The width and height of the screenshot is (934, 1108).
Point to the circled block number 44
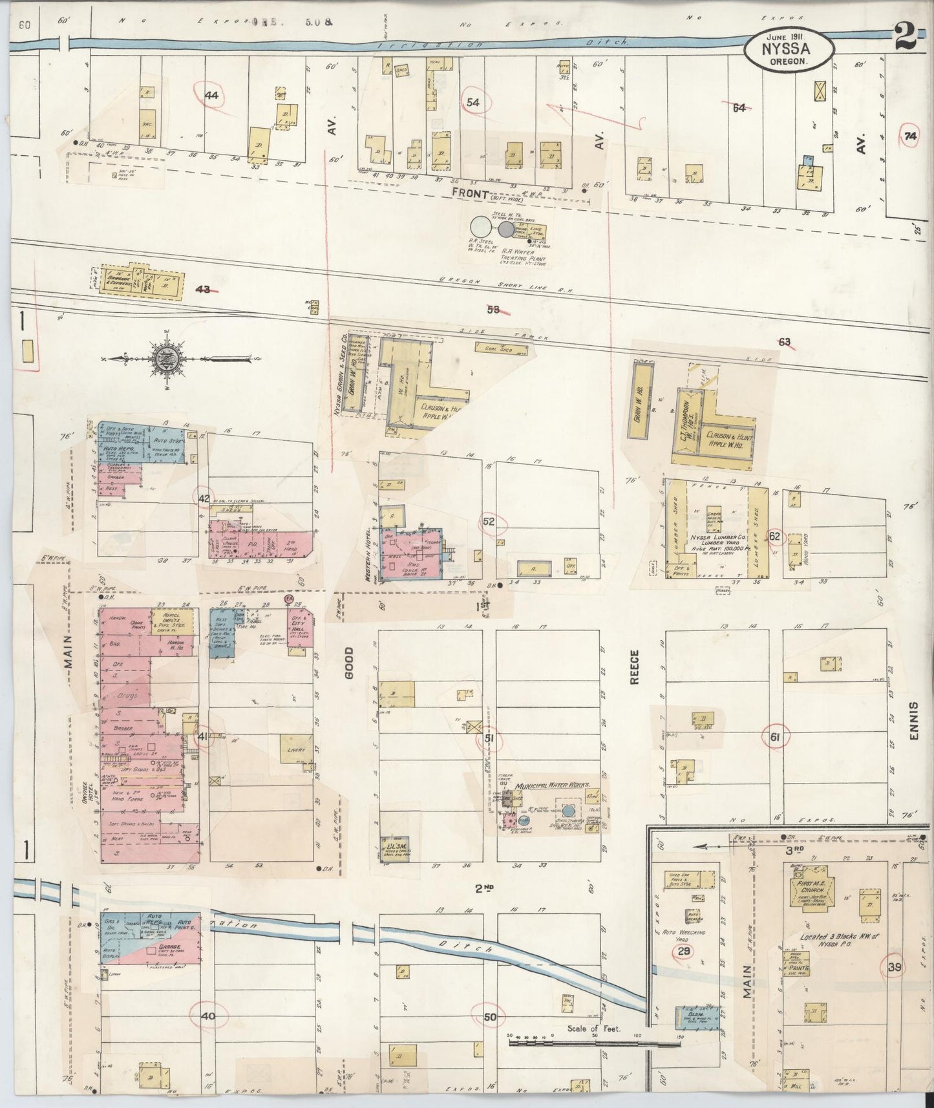coord(211,95)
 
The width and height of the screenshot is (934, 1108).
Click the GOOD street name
coord(350,666)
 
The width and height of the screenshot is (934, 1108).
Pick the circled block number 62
coord(774,535)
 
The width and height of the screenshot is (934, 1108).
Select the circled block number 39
coord(895,967)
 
